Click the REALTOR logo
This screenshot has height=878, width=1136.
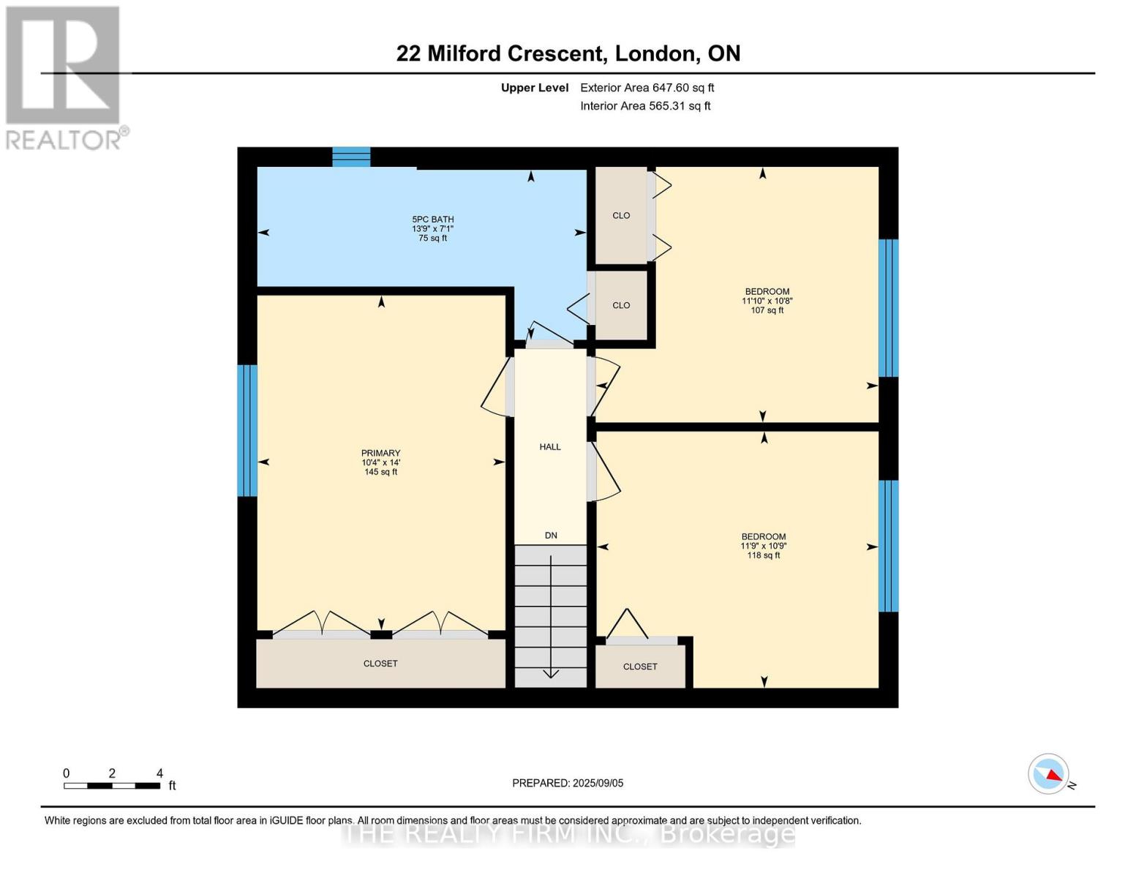tap(64, 78)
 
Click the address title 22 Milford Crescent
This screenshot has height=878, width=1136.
tap(568, 53)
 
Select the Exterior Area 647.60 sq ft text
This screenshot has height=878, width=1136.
tap(647, 88)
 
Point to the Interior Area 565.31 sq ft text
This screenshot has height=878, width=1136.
tap(645, 106)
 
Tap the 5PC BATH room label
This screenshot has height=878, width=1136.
tap(432, 228)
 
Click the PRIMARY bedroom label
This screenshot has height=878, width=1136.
tap(380, 462)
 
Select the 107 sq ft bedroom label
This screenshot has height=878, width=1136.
tap(767, 301)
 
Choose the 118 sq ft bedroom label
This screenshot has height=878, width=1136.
tap(763, 546)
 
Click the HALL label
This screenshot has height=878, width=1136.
tap(550, 447)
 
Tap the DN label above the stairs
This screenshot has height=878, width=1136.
tap(551, 536)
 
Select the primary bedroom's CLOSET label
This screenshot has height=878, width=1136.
tap(380, 664)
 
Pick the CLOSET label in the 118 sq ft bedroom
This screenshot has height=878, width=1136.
tap(640, 667)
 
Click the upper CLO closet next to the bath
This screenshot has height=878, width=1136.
tap(621, 216)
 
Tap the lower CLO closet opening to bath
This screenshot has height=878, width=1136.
tap(621, 306)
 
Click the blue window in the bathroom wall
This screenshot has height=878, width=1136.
tap(352, 157)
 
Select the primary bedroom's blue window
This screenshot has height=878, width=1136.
tap(247, 430)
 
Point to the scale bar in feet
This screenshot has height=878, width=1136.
tap(112, 786)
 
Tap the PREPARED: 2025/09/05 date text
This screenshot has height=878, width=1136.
tap(568, 783)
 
